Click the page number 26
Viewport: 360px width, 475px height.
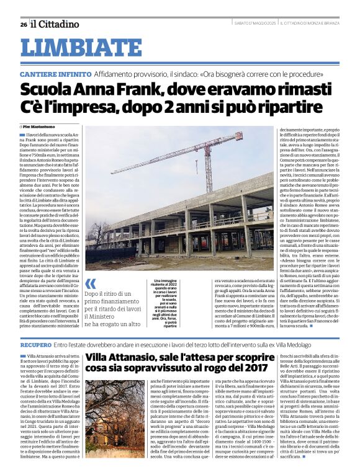point(23,24)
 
